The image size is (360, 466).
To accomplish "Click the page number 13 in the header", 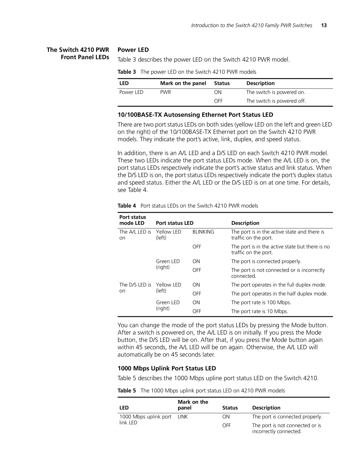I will point(324,25).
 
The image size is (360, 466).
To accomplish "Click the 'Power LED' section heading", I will point(133,50).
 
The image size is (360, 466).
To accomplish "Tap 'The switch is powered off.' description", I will point(276,101).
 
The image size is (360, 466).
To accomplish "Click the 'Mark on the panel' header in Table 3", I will point(183,83).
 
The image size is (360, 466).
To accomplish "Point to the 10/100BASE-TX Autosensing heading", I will point(195,115).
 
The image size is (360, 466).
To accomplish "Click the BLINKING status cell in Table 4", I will point(203,232).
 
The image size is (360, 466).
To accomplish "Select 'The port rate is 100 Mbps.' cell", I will point(261,302).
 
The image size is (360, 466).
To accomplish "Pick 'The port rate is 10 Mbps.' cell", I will point(260,311).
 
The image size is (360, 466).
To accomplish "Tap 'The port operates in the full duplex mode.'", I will point(279,285).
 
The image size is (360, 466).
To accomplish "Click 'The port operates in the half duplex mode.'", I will point(279,294).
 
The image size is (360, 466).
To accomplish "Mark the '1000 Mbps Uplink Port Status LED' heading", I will point(167,368).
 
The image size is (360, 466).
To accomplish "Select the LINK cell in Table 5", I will point(183,417).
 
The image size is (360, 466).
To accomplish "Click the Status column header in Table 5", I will point(230,408).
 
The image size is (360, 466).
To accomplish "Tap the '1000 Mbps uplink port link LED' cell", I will point(145,420).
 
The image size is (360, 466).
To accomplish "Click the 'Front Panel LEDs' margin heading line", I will point(85,57).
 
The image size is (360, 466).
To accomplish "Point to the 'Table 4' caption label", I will point(124,206).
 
